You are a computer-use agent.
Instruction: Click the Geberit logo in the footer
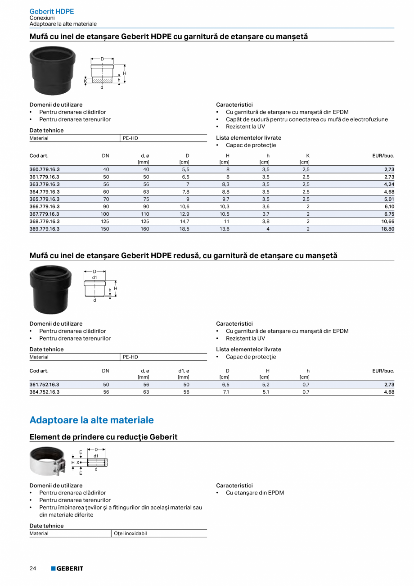point(67,568)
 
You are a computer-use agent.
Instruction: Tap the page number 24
point(33,568)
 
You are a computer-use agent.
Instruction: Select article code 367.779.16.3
point(45,214)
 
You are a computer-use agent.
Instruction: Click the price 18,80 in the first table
point(388,229)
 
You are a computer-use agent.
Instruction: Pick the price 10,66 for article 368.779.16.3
point(388,221)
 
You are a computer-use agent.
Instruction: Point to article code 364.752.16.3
point(45,392)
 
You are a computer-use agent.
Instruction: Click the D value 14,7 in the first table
point(184,221)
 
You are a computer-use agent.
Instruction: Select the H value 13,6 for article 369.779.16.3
point(224,229)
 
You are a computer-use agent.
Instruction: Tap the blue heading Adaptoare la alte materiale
point(91,420)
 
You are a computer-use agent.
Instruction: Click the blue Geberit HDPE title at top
point(52,12)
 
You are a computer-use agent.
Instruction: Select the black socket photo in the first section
point(52,70)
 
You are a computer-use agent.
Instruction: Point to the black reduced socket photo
point(50,289)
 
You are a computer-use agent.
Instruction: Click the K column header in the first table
point(307,156)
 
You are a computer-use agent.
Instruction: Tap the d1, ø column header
point(184,371)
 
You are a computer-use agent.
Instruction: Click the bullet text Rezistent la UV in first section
point(245,127)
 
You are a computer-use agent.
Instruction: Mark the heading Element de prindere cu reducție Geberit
point(103,437)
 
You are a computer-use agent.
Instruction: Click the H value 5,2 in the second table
point(267,385)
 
